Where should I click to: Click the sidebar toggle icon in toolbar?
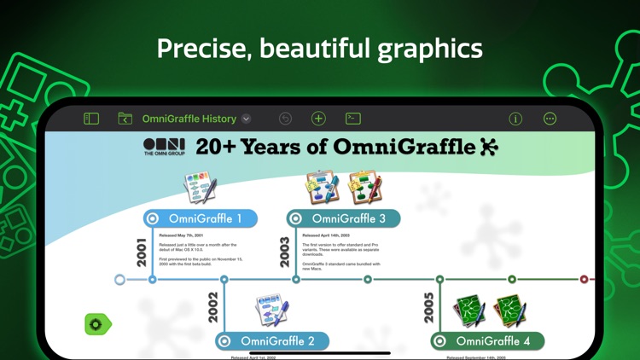pyautogui.click(x=91, y=119)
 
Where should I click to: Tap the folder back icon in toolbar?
pyautogui.click(x=125, y=119)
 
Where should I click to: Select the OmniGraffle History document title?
pyautogui.click(x=189, y=119)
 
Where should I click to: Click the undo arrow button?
pyautogui.click(x=285, y=119)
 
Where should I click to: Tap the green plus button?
pyautogui.click(x=318, y=119)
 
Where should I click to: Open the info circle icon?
pyautogui.click(x=515, y=119)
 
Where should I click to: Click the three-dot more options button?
pyautogui.click(x=550, y=119)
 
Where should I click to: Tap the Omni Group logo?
pyautogui.click(x=164, y=147)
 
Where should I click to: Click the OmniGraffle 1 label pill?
pyautogui.click(x=201, y=218)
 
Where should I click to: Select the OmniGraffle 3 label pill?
pyautogui.click(x=344, y=218)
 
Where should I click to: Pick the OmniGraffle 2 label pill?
pyautogui.click(x=272, y=341)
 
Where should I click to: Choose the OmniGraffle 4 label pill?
pyautogui.click(x=487, y=341)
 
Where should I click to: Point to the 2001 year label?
pyautogui.click(x=142, y=252)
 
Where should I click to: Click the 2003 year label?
pyautogui.click(x=285, y=252)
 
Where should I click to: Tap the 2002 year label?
pyautogui.click(x=213, y=307)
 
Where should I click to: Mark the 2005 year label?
pyautogui.click(x=428, y=307)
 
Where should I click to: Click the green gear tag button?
pyautogui.click(x=97, y=324)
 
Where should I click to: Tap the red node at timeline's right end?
pyautogui.click(x=585, y=279)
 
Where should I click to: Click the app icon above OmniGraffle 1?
pyautogui.click(x=201, y=188)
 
